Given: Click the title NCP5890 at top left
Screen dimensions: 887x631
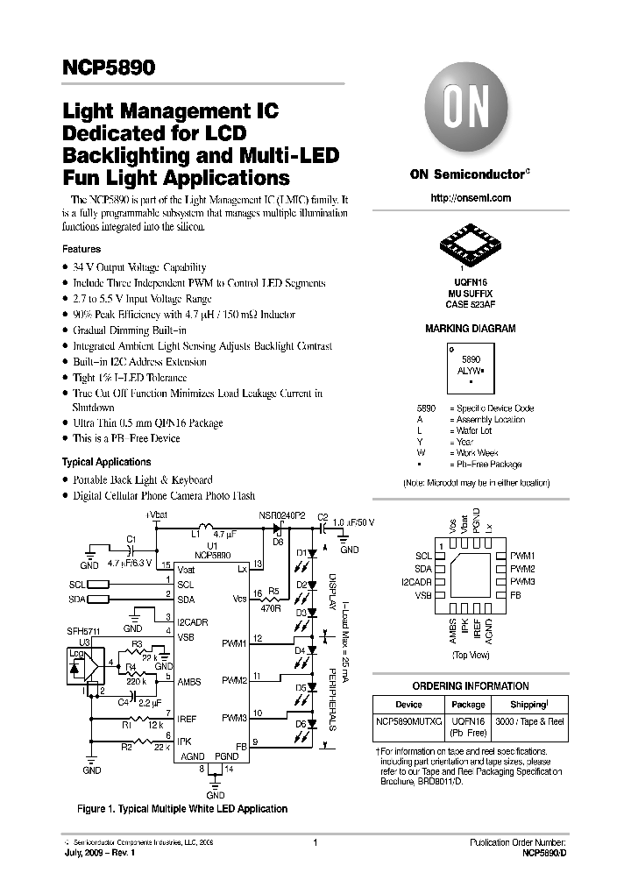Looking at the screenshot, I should (x=106, y=67).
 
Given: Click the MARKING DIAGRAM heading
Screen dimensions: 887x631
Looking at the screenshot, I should (x=470, y=329).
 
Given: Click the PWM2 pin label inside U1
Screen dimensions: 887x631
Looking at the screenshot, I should (x=234, y=679).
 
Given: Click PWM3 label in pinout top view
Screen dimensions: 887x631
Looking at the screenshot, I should (x=522, y=582).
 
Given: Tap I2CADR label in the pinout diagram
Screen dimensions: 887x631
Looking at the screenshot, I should (x=416, y=582).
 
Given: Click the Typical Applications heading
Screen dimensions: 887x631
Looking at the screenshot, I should (x=106, y=462).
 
